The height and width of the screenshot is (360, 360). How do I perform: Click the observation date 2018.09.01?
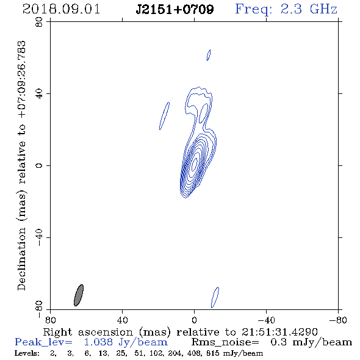coord(61,9)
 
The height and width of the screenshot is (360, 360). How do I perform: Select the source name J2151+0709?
coord(175,9)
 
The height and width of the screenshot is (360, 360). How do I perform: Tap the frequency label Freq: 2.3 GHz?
coord(286,9)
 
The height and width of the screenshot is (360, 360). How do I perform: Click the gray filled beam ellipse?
coord(79,295)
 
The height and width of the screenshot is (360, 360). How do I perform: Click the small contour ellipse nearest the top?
coord(209,55)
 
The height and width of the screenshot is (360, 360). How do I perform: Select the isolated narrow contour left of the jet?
coord(164,116)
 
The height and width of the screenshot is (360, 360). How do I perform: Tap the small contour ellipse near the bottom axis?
coord(215,297)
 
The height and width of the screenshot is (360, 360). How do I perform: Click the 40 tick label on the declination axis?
coord(39,94)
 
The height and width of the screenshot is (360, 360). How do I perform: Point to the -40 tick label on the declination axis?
coord(39,237)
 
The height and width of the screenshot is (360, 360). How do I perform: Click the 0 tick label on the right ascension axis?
coord(194,320)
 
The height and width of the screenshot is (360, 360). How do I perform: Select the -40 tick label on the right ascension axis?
coord(266,320)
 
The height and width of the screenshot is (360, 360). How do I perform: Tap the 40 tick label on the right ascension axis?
coord(123,320)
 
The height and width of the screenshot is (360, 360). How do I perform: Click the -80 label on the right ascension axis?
coord(338,320)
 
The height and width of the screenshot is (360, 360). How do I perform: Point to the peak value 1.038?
coord(98,342)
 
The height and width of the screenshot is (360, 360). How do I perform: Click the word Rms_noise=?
coord(225,342)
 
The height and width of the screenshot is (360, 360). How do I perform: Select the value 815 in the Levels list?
coord(212,353)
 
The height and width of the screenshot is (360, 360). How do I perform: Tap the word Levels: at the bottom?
coord(27,353)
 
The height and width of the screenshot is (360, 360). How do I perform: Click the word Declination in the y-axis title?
coord(21,259)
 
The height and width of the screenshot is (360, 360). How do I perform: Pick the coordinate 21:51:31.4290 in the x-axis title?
coord(279,332)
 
